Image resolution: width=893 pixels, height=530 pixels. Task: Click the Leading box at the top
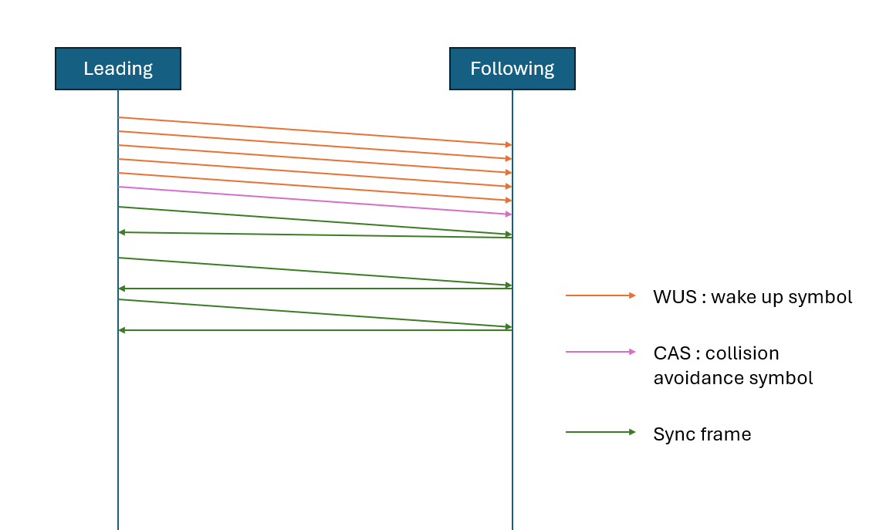coord(118,69)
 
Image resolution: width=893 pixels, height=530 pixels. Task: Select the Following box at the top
coord(512,69)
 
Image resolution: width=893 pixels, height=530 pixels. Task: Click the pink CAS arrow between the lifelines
coord(315,201)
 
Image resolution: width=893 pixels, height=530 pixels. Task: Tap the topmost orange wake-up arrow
coord(315,131)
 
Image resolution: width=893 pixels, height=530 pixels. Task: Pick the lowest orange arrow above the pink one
coord(315,187)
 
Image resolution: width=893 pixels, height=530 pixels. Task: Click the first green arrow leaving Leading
coord(315,221)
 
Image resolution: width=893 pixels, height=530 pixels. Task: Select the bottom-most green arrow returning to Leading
coord(315,330)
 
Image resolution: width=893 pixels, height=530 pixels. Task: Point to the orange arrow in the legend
coord(600,295)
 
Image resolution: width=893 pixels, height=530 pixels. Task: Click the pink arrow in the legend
coord(600,352)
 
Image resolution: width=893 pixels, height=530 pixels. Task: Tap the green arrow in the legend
coord(600,432)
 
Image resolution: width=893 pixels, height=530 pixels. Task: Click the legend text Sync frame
coord(702,434)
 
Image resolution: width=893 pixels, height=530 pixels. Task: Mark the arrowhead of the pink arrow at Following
coord(508,214)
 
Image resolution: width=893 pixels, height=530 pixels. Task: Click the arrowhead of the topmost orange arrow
coord(508,144)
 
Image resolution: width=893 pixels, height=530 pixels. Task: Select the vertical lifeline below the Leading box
coord(118,424)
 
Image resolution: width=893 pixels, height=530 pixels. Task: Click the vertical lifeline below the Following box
coord(512,424)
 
